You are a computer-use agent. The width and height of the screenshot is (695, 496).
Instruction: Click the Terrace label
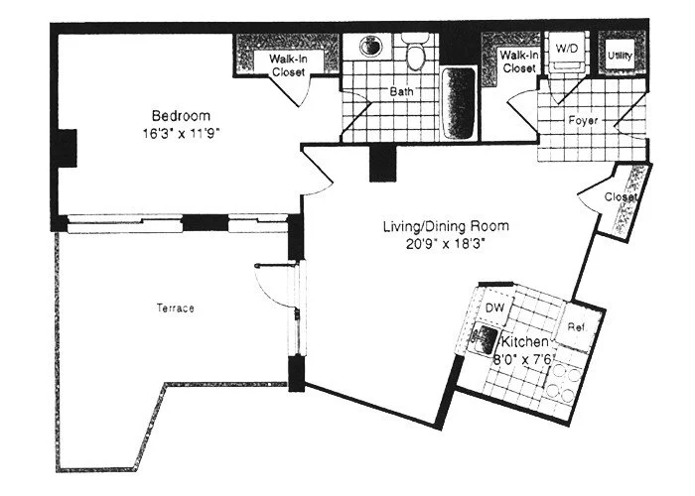(x=175, y=309)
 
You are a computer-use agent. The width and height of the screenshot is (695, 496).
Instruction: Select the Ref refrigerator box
(x=574, y=327)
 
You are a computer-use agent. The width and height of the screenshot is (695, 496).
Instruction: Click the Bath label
(x=400, y=93)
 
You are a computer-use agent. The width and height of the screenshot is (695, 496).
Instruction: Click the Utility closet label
(x=621, y=56)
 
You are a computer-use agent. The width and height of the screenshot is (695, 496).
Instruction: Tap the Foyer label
(x=581, y=121)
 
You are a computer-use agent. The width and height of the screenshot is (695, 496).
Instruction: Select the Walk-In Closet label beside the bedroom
(x=288, y=65)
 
